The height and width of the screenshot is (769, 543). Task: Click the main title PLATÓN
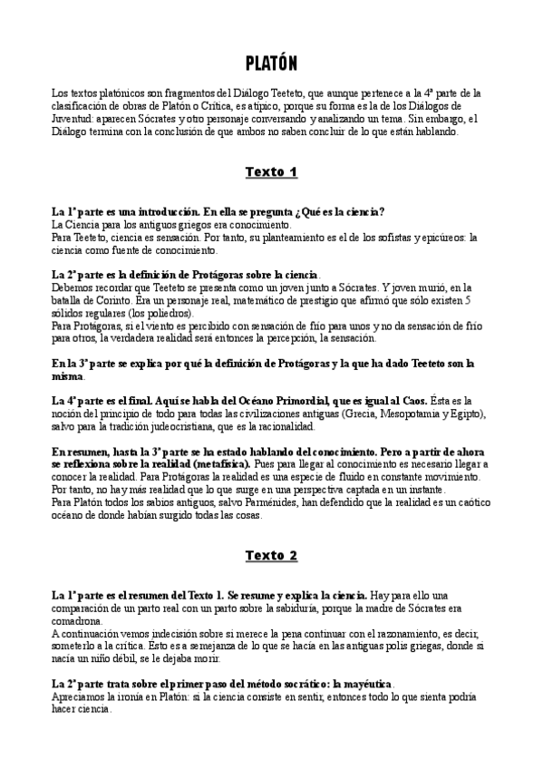point(271,63)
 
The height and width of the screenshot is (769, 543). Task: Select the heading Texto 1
point(271,171)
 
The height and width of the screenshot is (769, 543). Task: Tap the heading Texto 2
point(271,555)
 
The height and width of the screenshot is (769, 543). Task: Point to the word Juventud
point(71,119)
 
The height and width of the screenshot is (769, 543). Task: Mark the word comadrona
point(80,620)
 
